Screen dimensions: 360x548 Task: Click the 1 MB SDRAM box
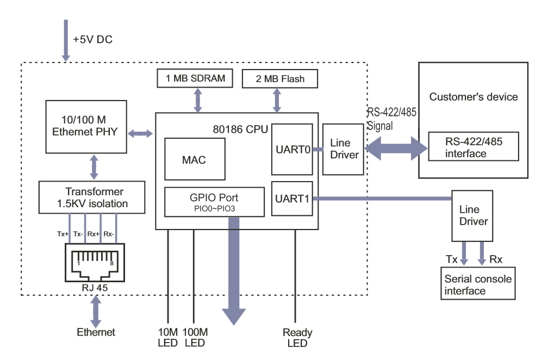click(195, 78)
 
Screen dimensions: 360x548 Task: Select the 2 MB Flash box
click(279, 79)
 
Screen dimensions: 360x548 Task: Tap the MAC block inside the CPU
click(194, 160)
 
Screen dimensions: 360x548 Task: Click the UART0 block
click(292, 149)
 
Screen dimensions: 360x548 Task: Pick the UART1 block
click(292, 198)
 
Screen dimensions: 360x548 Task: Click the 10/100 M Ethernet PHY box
click(85, 126)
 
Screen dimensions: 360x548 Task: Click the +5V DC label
click(92, 40)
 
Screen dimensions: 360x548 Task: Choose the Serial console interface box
click(477, 284)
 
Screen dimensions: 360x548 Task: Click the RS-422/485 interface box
click(473, 147)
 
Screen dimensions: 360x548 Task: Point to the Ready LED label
click(297, 338)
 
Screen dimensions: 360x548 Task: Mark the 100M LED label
click(195, 338)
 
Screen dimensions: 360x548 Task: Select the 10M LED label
click(168, 338)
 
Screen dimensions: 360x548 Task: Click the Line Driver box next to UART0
click(344, 149)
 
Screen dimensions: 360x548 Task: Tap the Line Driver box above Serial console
click(473, 215)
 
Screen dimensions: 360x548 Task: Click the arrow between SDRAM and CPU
click(197, 100)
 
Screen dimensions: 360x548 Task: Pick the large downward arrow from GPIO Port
click(234, 272)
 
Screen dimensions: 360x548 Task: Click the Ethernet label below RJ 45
click(96, 332)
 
